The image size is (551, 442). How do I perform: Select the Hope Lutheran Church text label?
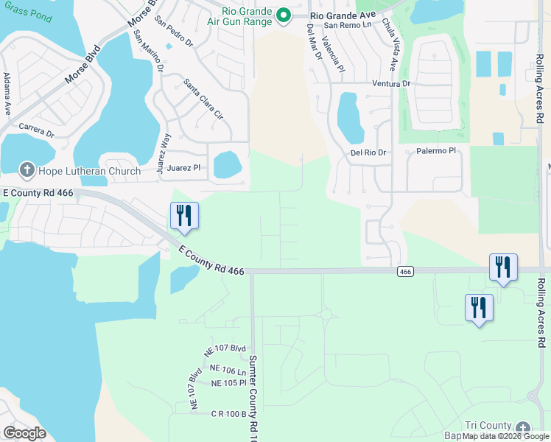(x=89, y=172)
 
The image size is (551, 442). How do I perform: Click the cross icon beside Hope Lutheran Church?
(x=26, y=171)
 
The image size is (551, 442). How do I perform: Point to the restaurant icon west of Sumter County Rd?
(x=184, y=215)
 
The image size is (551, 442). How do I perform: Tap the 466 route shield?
(x=404, y=272)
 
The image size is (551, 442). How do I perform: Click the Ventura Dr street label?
(x=390, y=84)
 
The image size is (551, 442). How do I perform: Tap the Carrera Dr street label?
(x=37, y=130)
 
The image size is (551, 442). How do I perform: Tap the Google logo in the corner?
(x=24, y=432)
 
